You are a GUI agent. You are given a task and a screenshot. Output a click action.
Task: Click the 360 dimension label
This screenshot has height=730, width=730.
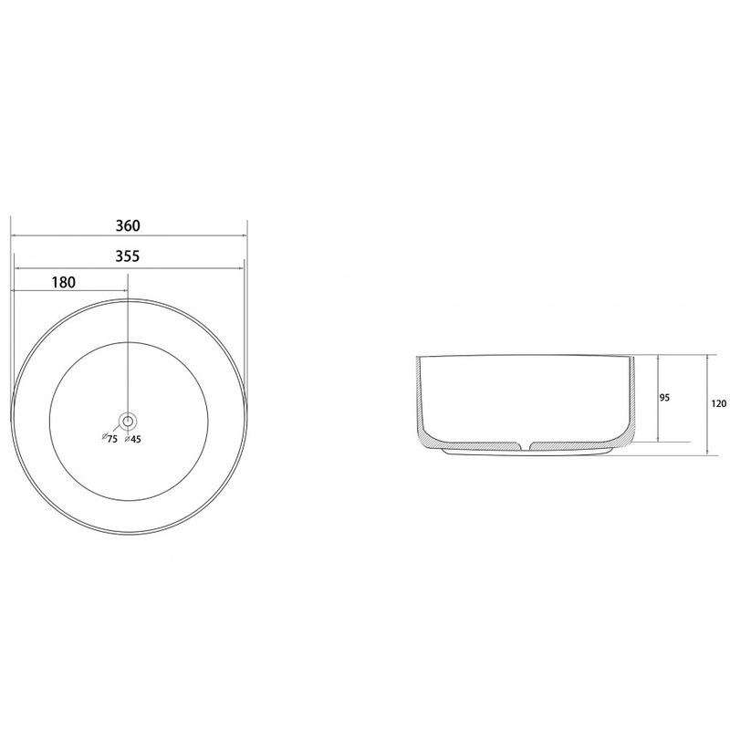(128, 225)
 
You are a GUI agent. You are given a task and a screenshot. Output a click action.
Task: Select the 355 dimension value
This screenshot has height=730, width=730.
(128, 256)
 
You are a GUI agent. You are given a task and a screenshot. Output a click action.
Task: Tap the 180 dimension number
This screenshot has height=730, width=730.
(63, 282)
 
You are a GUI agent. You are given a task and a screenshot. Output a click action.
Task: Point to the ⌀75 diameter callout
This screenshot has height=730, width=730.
(109, 438)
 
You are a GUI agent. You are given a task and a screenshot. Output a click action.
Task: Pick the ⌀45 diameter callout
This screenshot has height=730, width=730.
(133, 439)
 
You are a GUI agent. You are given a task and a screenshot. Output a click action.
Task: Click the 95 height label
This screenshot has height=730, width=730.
(664, 398)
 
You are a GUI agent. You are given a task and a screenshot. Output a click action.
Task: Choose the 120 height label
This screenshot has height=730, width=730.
(718, 403)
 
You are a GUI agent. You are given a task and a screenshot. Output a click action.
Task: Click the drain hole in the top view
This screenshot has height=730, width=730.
(128, 422)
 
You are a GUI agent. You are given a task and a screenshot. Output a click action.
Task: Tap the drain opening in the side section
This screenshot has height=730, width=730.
(525, 446)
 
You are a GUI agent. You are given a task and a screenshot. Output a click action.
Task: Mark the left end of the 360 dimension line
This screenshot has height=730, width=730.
(11, 235)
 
